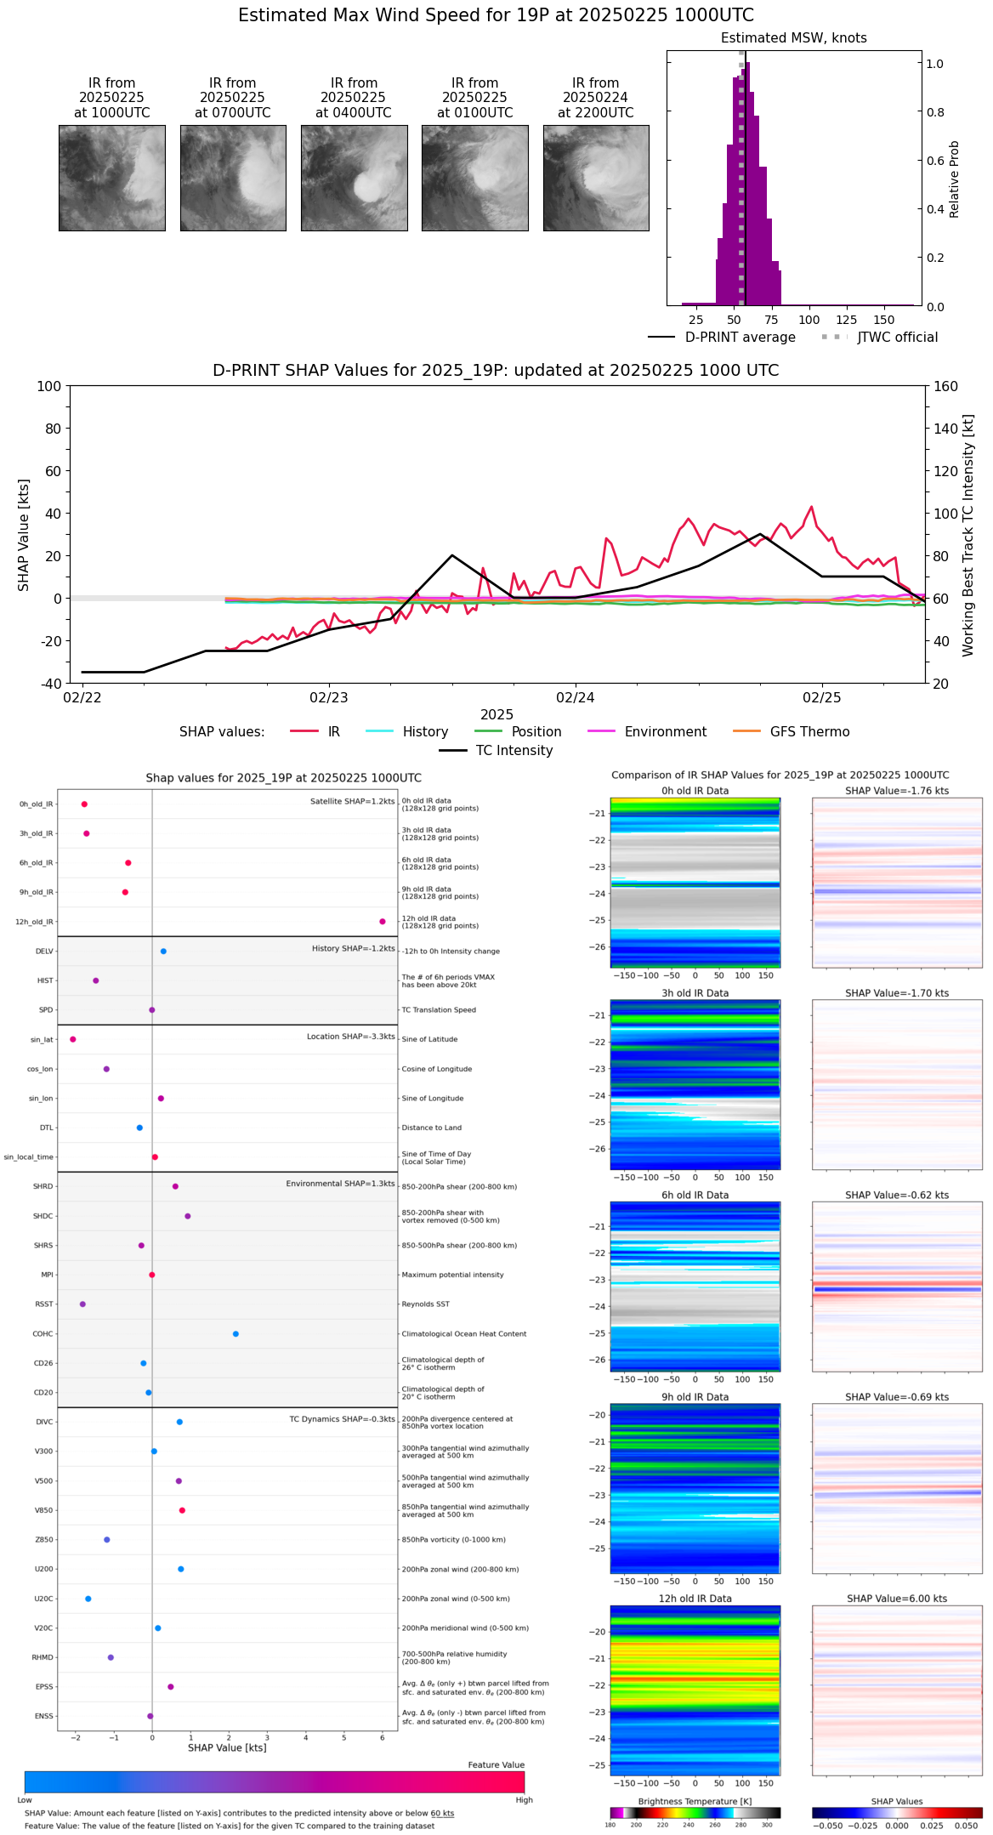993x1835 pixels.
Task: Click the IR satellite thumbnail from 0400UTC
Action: (354, 178)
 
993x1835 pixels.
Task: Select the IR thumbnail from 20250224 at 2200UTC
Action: (596, 178)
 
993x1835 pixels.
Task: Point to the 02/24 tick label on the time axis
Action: (576, 698)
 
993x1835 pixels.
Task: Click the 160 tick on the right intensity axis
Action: (946, 387)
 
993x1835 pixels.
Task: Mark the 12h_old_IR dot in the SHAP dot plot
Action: (383, 922)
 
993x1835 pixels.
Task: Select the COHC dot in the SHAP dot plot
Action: (235, 1334)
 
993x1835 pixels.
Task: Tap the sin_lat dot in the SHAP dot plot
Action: (73, 1039)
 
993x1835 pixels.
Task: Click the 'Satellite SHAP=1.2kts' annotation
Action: (352, 802)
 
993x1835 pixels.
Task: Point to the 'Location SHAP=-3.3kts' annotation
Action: (350, 1037)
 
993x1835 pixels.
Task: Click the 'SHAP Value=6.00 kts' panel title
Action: (897, 1599)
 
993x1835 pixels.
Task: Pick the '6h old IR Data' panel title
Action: (695, 1196)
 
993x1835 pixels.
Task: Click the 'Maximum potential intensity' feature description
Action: (452, 1275)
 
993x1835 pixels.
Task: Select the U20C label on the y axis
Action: (43, 1599)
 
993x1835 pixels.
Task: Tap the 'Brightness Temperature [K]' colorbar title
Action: (695, 1802)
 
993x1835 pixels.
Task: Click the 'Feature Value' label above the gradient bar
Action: (496, 1765)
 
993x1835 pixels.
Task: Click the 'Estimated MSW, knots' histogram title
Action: (793, 38)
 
